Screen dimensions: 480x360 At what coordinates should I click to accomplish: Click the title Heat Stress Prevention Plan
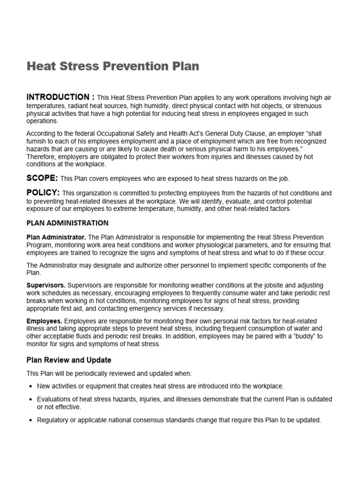[x=112, y=66]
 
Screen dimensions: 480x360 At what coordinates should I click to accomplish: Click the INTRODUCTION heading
[x=60, y=97]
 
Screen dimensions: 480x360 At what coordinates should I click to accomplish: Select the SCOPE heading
[x=42, y=178]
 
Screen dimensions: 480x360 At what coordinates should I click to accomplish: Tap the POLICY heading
[x=43, y=193]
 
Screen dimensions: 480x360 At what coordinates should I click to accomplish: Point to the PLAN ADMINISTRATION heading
[x=67, y=223]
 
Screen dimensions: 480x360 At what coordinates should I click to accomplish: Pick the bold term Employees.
[x=45, y=321]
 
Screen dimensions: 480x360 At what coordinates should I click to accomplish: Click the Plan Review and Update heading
[x=69, y=360]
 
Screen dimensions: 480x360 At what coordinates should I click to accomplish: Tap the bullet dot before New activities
[x=30, y=386]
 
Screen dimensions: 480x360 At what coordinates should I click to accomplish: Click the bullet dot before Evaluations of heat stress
[x=30, y=399]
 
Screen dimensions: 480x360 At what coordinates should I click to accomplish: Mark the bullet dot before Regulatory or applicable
[x=30, y=420]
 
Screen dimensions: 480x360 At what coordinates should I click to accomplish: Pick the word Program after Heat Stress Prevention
[x=40, y=245]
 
